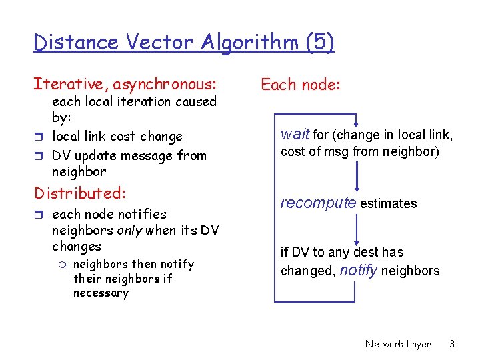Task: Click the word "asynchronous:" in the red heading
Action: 165,85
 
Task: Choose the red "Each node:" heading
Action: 301,85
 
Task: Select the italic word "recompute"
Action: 318,203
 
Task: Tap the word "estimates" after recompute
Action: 389,204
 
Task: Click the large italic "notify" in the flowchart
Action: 359,270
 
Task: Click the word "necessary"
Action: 101,293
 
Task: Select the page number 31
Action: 455,344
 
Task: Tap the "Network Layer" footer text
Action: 397,344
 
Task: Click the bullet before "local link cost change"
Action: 40,137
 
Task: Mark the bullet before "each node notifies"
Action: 40,215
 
